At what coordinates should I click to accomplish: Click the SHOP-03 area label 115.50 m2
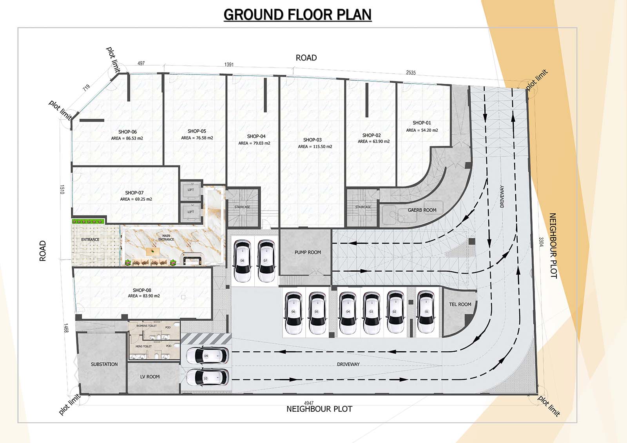(315, 147)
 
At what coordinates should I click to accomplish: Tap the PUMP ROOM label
(308, 252)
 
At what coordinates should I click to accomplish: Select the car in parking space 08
(242, 261)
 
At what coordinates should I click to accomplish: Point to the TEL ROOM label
(460, 304)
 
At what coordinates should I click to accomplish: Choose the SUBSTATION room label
(104, 364)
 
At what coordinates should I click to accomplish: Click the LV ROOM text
(150, 377)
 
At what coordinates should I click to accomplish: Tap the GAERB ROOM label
(422, 210)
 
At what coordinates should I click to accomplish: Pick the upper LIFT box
(190, 190)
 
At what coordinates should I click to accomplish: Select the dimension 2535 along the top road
(411, 73)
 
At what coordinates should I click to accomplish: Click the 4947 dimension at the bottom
(308, 403)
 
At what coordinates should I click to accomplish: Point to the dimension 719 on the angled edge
(86, 87)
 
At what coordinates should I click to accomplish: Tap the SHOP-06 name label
(127, 132)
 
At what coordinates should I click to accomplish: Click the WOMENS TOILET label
(147, 326)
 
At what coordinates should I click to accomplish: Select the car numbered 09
(207, 356)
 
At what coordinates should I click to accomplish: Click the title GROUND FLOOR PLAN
(297, 15)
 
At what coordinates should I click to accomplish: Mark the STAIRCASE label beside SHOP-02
(363, 207)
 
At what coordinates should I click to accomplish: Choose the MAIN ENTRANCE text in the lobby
(166, 238)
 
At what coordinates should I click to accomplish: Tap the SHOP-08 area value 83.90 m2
(144, 296)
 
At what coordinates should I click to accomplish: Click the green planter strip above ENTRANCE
(88, 221)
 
